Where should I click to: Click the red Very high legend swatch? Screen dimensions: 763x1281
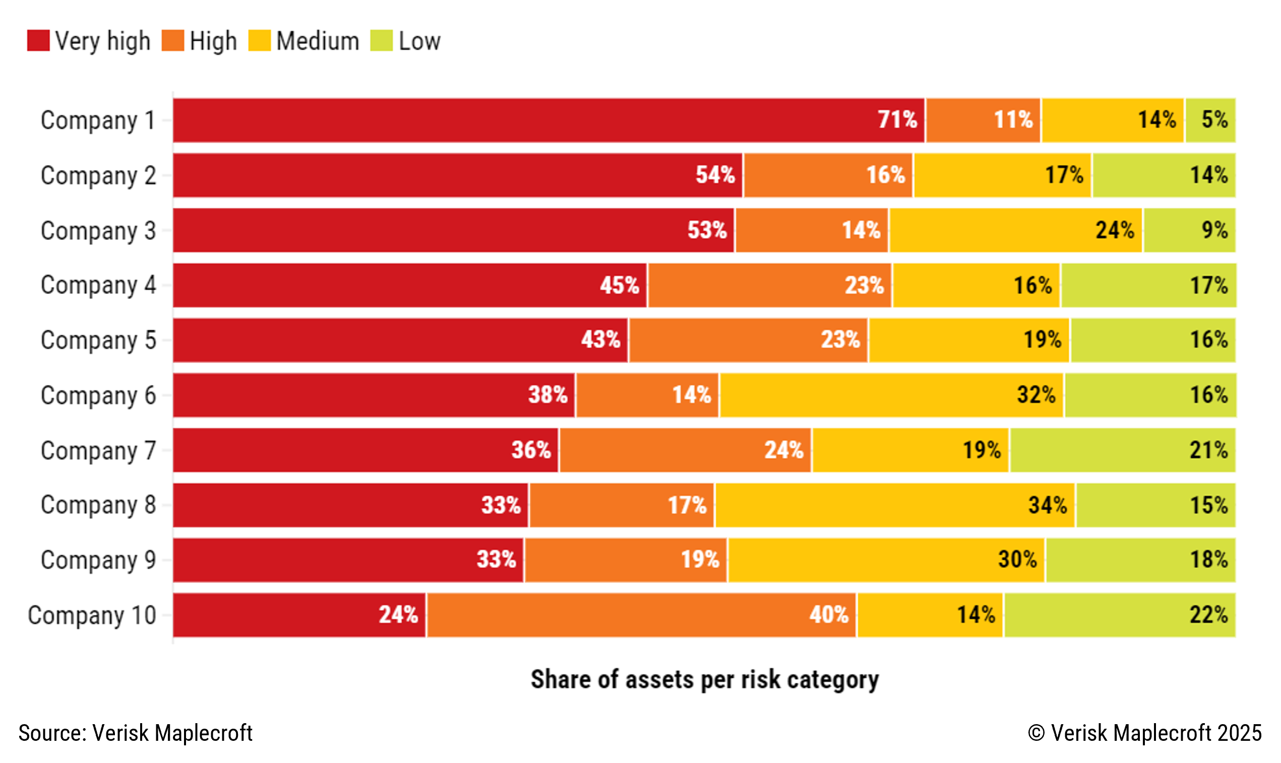coord(38,41)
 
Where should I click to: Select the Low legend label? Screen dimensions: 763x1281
coord(419,41)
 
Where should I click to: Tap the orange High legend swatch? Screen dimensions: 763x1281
coord(172,41)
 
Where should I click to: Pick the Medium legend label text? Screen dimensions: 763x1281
coord(318,41)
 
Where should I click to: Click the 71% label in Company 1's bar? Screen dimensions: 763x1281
coord(897,120)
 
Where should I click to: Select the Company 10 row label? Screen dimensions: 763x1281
coord(92,615)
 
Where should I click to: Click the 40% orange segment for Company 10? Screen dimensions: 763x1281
coord(641,615)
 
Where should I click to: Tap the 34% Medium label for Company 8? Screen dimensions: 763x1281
coord(1047,505)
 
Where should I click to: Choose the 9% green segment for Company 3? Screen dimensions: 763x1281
coord(1189,230)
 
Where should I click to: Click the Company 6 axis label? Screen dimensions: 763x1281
coord(98,395)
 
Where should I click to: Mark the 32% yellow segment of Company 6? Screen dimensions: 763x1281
coord(891,395)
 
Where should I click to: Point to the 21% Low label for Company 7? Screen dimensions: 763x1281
coord(1208,450)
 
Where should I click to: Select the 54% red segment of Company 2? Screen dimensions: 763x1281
coord(457,175)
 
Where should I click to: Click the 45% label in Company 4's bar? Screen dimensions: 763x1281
coord(619,285)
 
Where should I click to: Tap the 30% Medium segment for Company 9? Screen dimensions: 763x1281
coord(886,560)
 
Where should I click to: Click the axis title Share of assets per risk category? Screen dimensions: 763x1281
coord(704,679)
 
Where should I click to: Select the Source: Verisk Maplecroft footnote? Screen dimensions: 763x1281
coord(136,733)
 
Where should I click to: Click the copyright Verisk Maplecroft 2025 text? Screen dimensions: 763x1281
coord(1144,733)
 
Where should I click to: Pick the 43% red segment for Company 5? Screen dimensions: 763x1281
coord(400,340)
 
